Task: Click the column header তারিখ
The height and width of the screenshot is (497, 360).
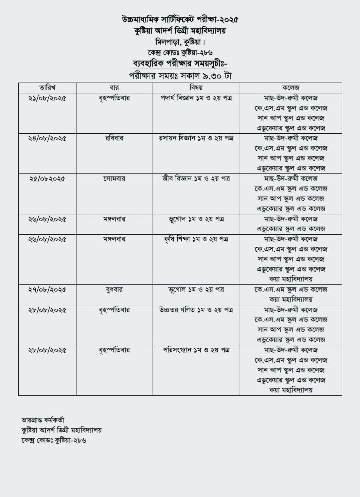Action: (47, 88)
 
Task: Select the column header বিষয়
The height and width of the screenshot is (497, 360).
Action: (196, 88)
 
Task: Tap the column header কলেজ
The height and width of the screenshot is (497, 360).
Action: (291, 88)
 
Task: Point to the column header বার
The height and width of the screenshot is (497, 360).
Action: (114, 88)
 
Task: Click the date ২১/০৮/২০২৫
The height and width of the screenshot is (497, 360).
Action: (47, 98)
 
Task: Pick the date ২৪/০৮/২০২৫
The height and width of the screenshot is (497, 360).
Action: (47, 138)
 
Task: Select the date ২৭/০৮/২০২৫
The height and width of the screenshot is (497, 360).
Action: (47, 290)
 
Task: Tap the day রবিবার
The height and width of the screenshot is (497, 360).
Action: (114, 138)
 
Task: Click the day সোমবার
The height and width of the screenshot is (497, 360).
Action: (114, 178)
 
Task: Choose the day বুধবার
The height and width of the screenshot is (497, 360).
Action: (114, 289)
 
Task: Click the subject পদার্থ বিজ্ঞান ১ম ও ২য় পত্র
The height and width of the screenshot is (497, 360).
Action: (196, 98)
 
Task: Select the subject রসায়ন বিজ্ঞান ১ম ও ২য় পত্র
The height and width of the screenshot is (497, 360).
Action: (196, 138)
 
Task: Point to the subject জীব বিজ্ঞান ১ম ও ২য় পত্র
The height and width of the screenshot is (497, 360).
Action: (196, 178)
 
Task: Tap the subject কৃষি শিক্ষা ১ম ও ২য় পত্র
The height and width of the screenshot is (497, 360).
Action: (196, 239)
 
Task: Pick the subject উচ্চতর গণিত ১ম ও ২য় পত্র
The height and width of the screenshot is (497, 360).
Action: (196, 310)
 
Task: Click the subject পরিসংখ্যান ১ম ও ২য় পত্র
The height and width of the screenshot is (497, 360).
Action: (196, 350)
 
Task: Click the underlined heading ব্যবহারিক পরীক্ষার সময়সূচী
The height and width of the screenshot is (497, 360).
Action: (180, 64)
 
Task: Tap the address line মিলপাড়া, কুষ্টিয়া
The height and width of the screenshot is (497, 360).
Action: (180, 42)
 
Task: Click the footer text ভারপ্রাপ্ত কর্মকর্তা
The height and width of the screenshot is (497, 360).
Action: (43, 420)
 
